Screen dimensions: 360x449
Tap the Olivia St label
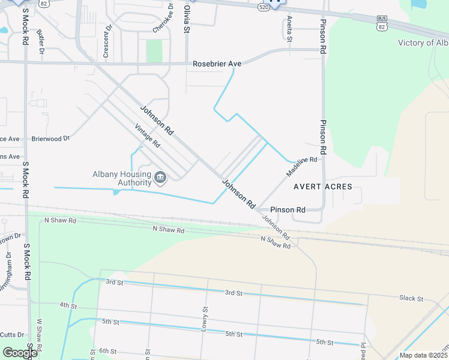[187, 20]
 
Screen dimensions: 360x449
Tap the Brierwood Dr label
[50, 139]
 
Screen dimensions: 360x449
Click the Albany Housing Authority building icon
[160, 176]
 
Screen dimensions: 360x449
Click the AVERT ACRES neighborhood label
[322, 187]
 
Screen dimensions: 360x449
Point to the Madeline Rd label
[301, 166]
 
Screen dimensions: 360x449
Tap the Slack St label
[411, 298]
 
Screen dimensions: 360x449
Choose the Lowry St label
[205, 317]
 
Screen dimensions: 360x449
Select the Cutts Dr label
[12, 335]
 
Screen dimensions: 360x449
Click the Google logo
[19, 353]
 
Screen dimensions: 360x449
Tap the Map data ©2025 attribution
[423, 355]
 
